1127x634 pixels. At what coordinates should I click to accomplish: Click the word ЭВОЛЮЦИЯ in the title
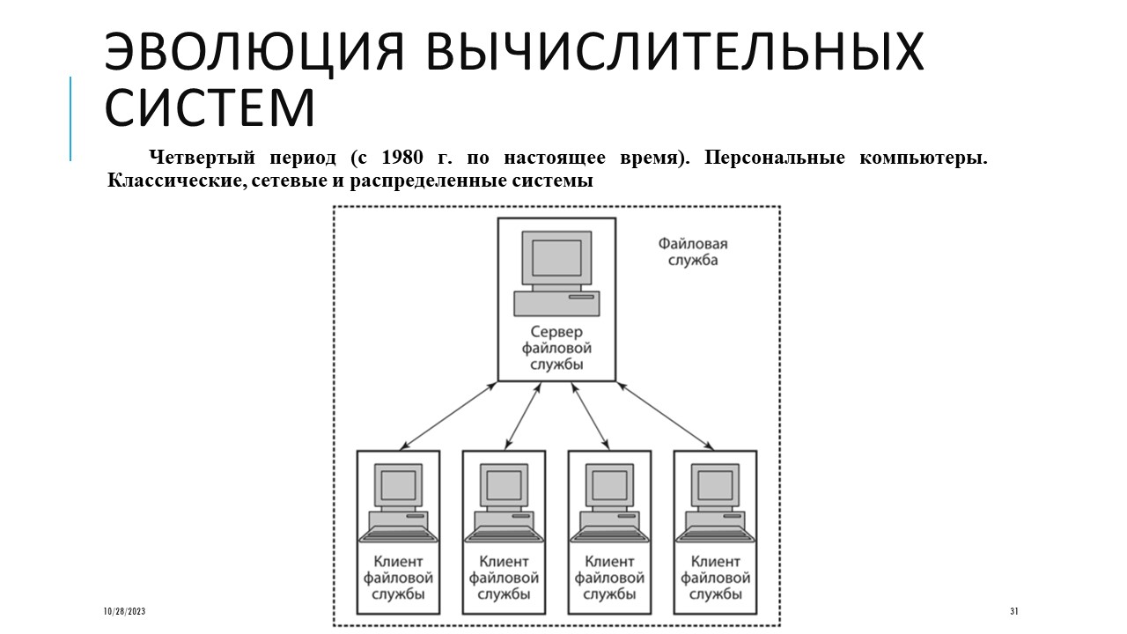coord(254,52)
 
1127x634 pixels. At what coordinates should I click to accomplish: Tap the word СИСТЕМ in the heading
coord(210,107)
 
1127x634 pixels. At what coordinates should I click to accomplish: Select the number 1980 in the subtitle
coord(402,158)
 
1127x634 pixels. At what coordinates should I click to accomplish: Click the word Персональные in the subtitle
coord(774,158)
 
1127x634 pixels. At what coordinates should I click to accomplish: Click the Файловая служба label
coord(693,252)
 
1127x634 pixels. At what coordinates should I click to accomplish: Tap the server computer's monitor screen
coord(556,258)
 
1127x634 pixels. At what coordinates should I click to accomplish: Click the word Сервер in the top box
coord(556,332)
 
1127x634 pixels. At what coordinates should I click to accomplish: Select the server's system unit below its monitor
coord(556,304)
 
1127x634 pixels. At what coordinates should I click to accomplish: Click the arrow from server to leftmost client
coord(448,416)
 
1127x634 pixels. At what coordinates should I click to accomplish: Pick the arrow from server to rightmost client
coord(665,416)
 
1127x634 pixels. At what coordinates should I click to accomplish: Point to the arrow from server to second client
coord(523,416)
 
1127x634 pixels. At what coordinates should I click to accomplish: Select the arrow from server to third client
coord(590,416)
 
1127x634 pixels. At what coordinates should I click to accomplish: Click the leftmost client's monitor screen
coord(398,485)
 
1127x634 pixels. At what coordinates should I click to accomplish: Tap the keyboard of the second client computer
coord(505,534)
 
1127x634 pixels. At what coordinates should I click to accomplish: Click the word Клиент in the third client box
coord(609,561)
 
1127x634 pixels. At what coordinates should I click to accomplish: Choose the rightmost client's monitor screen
coord(715,485)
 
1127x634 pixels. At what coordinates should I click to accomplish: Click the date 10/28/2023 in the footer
coord(124,611)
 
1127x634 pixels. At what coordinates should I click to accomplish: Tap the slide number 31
coord(1014,611)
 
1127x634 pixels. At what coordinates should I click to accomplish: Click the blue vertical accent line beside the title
coord(70,119)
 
